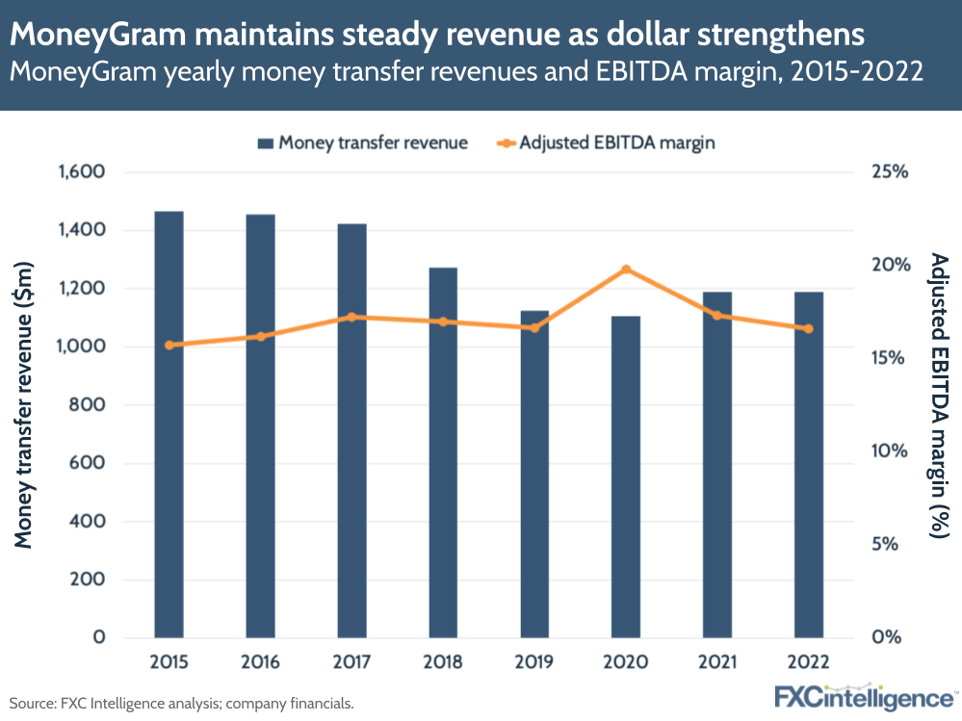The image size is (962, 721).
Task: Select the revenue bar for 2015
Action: (169, 424)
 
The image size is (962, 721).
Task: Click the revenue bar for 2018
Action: (443, 452)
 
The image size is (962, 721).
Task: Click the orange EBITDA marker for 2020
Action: (626, 270)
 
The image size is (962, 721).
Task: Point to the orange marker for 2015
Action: (169, 345)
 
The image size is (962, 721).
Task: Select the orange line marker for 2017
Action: (351, 317)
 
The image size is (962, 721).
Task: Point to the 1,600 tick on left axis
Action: (81, 172)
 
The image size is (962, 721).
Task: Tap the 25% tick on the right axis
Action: (889, 172)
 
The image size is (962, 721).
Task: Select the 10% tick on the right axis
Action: (889, 451)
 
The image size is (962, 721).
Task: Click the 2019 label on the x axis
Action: (534, 662)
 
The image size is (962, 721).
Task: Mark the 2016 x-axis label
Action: (260, 662)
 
